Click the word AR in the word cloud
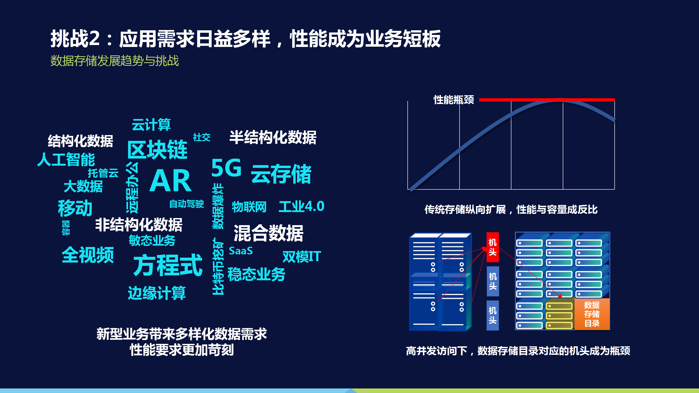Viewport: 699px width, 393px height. [170, 181]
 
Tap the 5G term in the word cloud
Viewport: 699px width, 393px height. [226, 168]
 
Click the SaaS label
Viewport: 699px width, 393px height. [241, 251]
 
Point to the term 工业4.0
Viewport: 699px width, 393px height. [301, 206]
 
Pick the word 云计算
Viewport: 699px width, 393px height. [151, 124]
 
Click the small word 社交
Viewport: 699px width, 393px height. [202, 137]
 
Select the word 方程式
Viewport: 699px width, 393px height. [168, 265]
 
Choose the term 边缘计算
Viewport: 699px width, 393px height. [157, 293]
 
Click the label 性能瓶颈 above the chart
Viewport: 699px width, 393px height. [454, 100]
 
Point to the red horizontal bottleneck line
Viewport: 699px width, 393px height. [547, 100]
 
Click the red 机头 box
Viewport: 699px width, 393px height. [493, 247]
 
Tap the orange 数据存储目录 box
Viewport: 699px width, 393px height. [592, 314]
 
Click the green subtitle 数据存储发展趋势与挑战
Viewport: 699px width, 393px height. [115, 61]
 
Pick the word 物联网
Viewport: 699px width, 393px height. [249, 207]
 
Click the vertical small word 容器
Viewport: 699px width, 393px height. [66, 228]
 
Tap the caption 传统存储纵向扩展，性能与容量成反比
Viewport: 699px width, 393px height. [511, 210]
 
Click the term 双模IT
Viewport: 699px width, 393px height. [302, 257]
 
